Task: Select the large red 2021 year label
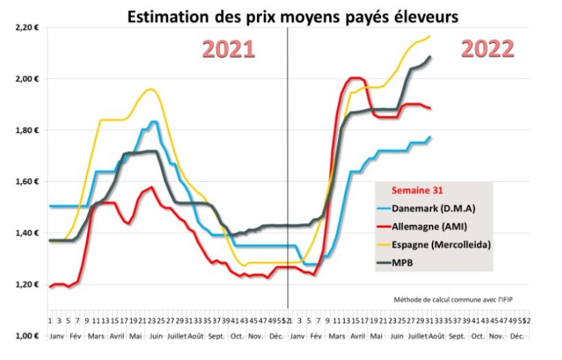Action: (x=229, y=50)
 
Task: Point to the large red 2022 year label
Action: (x=487, y=50)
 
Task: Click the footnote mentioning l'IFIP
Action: (x=452, y=300)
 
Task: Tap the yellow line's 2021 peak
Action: (x=151, y=89)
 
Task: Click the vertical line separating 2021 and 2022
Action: (x=288, y=171)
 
